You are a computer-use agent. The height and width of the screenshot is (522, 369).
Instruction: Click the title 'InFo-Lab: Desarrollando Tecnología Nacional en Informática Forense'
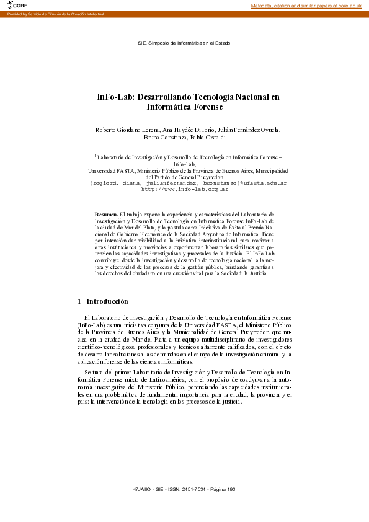coord(188,102)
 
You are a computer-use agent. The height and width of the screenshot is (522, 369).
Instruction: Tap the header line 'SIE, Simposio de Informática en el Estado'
coord(184,43)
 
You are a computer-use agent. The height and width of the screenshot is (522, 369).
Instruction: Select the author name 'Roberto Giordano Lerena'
coord(127,130)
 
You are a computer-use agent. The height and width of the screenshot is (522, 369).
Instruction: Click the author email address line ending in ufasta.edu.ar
coord(188,184)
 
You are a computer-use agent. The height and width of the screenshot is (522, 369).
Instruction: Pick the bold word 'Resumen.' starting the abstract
coord(106,214)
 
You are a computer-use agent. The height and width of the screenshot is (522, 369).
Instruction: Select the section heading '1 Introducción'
coord(103,301)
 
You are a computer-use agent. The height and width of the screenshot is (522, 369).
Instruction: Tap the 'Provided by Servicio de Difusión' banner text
coord(55,14)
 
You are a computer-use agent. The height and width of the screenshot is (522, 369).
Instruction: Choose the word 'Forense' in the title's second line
coord(205,107)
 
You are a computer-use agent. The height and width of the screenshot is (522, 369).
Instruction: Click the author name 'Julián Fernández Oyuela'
coord(250,130)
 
